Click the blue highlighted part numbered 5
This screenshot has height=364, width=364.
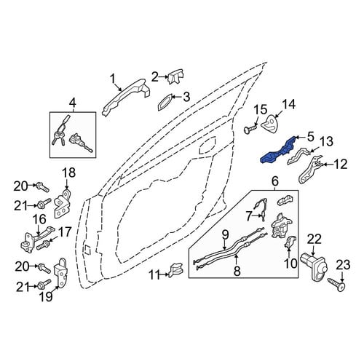coord(278,151)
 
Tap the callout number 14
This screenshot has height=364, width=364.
coord(288,104)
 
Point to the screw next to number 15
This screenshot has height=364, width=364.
coord(250,128)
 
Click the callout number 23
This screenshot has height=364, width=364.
coord(343,265)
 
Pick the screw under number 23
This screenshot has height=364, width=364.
coord(336,285)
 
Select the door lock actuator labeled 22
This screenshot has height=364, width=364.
coord(314,267)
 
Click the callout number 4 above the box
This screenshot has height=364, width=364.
coord(73,103)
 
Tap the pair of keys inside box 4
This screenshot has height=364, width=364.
coord(58,138)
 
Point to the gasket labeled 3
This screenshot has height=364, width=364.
coord(165,102)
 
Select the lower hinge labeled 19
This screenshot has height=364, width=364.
coord(60,273)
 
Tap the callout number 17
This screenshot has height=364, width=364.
coord(64,232)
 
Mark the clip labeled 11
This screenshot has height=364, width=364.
coord(176,270)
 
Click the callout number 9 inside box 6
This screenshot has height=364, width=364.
coord(225,235)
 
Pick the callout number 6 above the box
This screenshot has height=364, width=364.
coord(275,181)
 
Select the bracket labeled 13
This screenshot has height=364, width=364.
coord(299,157)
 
